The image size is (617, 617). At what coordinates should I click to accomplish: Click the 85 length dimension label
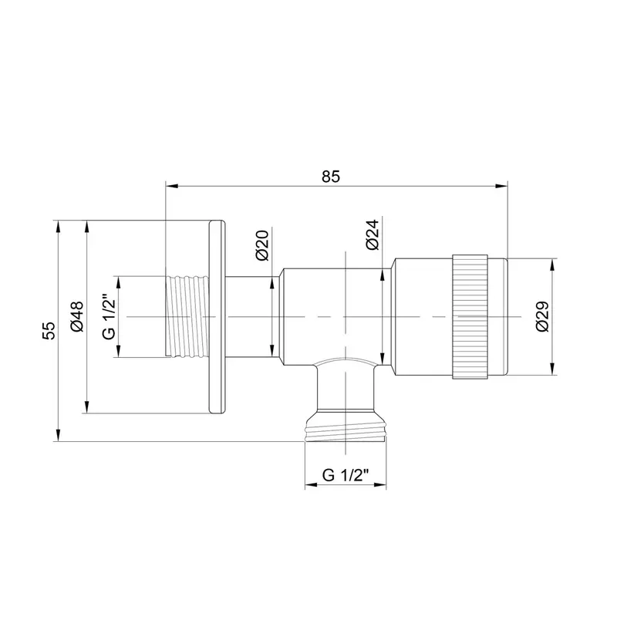(x=331, y=177)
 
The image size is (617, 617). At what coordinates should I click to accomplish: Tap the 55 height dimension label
(x=50, y=330)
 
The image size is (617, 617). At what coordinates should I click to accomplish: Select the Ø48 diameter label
(x=76, y=317)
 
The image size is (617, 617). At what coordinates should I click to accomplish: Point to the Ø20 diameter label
(x=261, y=245)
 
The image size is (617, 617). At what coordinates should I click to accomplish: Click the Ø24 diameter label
(x=372, y=235)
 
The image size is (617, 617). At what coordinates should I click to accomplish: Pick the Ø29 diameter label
(x=543, y=316)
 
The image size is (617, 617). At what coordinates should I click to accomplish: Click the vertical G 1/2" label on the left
(x=109, y=316)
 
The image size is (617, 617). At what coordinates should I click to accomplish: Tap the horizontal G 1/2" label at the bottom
(x=346, y=475)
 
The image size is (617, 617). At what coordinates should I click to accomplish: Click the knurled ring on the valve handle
(x=470, y=317)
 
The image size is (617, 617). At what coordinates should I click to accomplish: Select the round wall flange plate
(x=217, y=317)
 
